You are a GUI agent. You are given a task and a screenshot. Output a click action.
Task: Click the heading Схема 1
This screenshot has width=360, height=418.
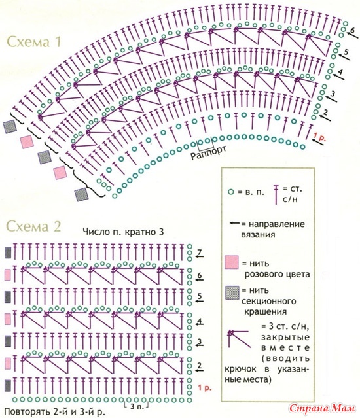(34, 42)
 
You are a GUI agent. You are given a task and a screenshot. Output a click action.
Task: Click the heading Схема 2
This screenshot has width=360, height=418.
(34, 226)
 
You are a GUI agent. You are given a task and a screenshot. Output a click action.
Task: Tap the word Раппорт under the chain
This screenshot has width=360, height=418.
(209, 153)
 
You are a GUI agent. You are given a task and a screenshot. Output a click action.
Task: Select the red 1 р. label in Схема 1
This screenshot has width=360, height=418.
(320, 138)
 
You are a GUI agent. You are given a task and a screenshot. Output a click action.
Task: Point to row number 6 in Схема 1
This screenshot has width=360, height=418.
(353, 30)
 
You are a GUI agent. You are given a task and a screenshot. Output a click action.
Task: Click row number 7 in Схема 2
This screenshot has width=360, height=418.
(200, 251)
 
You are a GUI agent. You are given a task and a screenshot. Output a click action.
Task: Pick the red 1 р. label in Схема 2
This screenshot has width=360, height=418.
(205, 388)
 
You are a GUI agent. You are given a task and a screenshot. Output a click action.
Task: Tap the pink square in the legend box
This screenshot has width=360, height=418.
(232, 262)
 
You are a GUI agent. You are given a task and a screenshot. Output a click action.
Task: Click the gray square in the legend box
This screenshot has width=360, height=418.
(232, 293)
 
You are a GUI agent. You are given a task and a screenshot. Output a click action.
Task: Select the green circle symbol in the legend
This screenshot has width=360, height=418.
(231, 192)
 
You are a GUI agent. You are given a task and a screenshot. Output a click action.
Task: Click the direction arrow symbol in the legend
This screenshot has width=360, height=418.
(235, 223)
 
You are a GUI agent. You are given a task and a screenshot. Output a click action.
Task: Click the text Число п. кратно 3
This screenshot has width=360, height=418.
(123, 232)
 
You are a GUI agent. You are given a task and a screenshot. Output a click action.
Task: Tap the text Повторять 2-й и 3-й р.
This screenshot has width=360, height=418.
(54, 411)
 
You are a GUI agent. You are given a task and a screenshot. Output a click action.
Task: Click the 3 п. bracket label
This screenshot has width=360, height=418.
(137, 406)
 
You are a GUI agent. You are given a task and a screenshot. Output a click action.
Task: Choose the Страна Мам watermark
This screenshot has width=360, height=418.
(323, 408)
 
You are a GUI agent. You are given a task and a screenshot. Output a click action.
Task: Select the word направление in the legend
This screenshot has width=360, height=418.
(273, 224)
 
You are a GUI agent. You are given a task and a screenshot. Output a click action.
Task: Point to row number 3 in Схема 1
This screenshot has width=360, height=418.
(333, 94)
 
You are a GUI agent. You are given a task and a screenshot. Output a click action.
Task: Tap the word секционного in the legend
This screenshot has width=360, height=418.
(269, 301)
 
